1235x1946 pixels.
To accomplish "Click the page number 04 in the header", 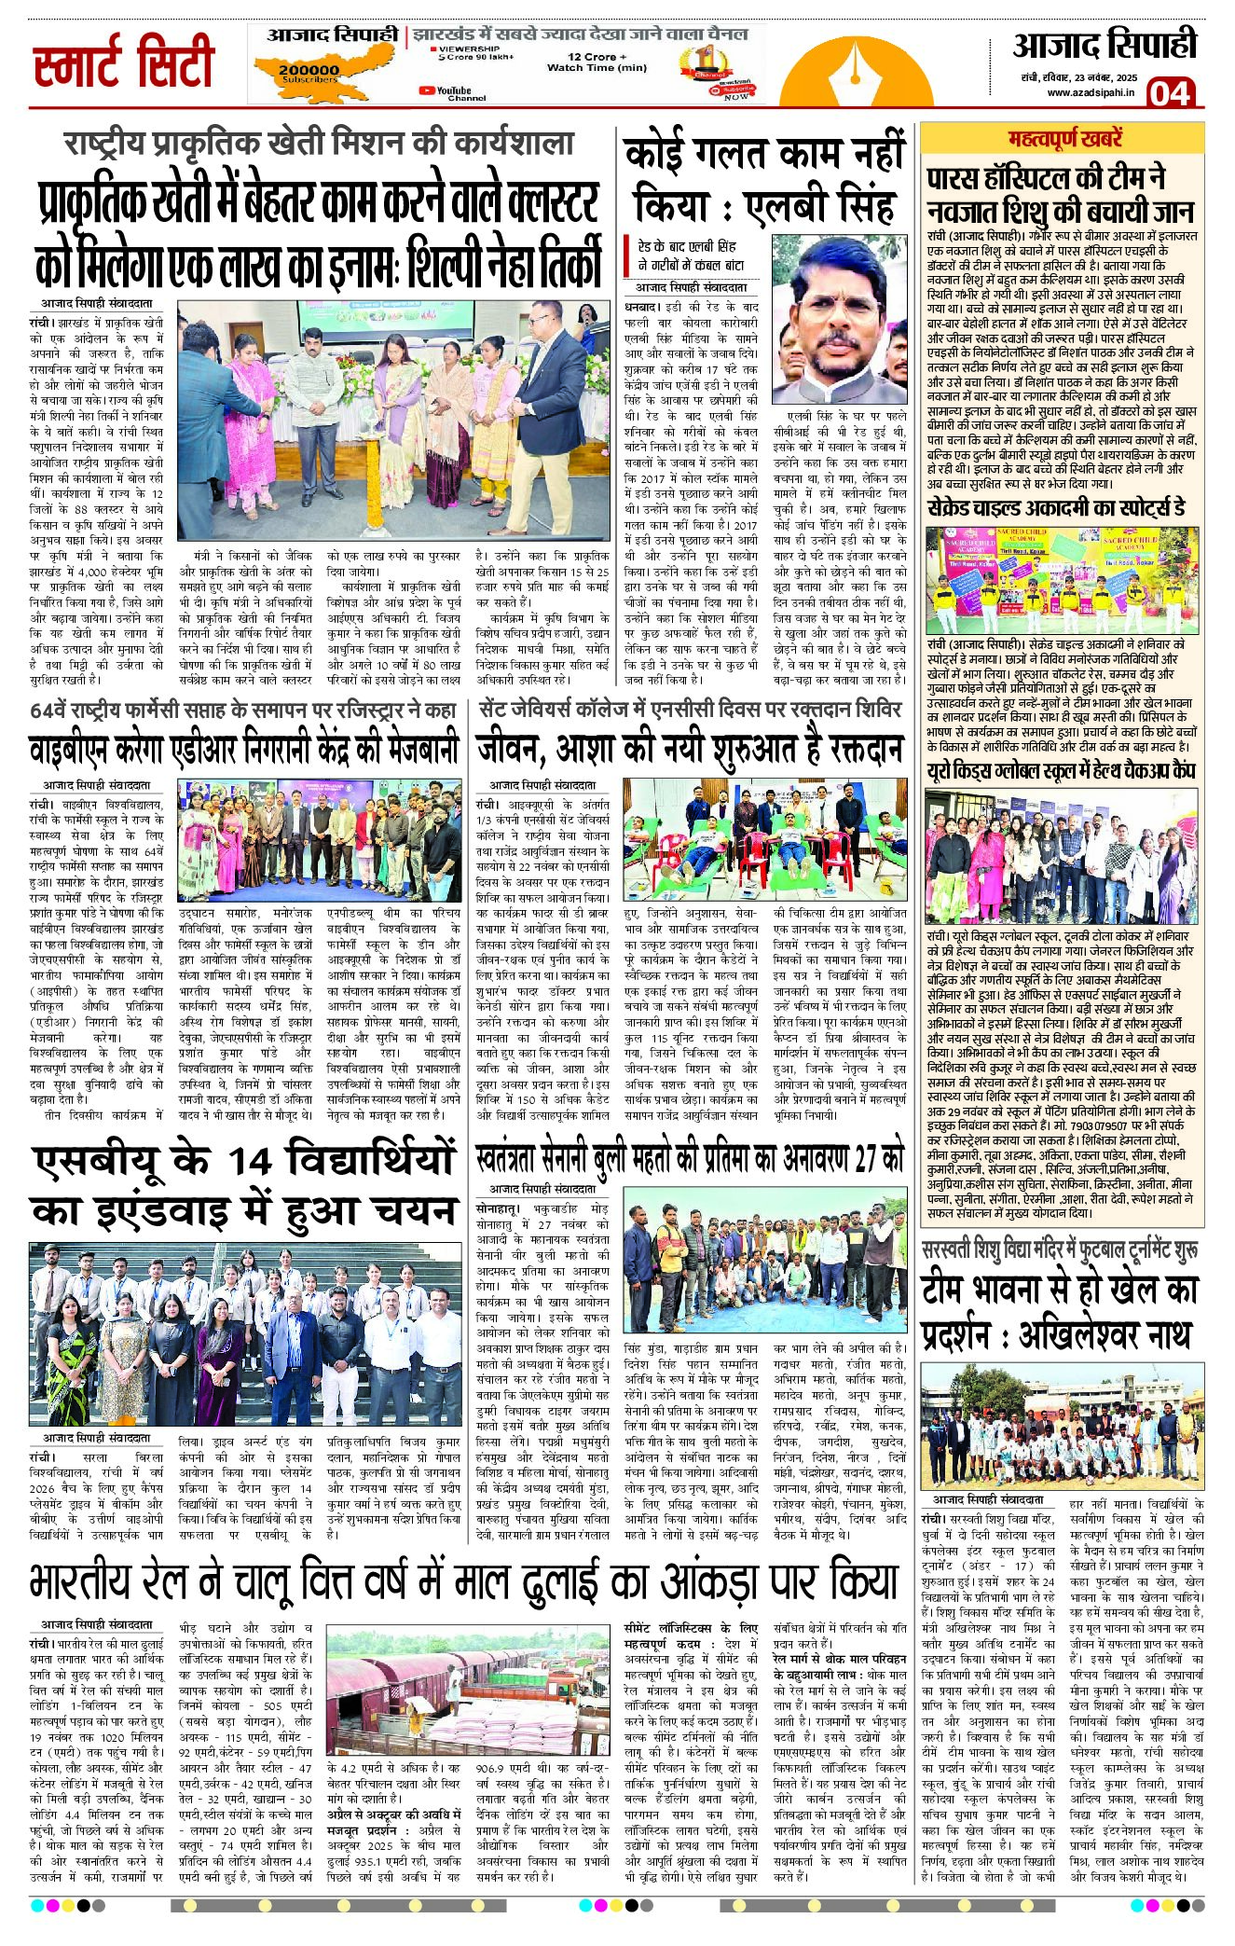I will [1170, 93].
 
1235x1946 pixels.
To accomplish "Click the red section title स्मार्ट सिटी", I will [124, 63].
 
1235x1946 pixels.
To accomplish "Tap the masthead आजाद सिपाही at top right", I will [1105, 46].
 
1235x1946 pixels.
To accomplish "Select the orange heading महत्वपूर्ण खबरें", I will [1064, 140].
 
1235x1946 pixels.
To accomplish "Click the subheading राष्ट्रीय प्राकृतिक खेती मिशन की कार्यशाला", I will [319, 144].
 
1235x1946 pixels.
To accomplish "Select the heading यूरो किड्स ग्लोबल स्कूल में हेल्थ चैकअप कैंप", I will [1060, 770].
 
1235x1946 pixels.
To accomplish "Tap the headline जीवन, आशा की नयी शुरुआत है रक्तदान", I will [689, 750].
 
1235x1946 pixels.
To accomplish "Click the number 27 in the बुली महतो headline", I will [866, 1159].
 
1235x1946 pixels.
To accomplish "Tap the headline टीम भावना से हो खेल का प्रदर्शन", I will [1059, 1312].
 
